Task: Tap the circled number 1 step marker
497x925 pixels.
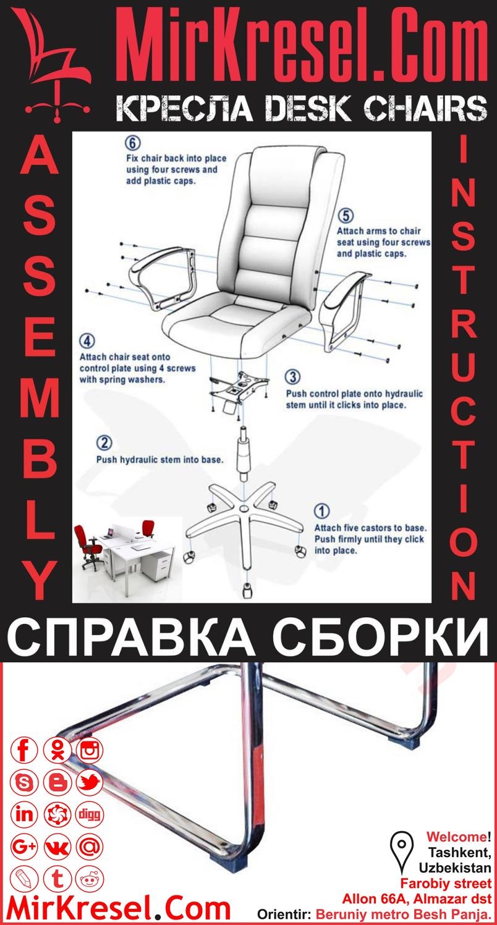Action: click(x=322, y=512)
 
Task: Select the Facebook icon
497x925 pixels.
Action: click(x=25, y=751)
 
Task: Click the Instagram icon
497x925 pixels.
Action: click(x=90, y=751)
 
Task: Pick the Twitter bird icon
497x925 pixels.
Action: click(x=90, y=783)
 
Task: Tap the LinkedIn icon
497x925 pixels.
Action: click(x=25, y=814)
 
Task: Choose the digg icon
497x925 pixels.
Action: click(x=90, y=814)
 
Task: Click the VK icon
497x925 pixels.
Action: click(x=57, y=847)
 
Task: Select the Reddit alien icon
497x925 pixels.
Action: click(x=90, y=878)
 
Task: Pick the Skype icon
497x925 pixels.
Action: click(x=25, y=783)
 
